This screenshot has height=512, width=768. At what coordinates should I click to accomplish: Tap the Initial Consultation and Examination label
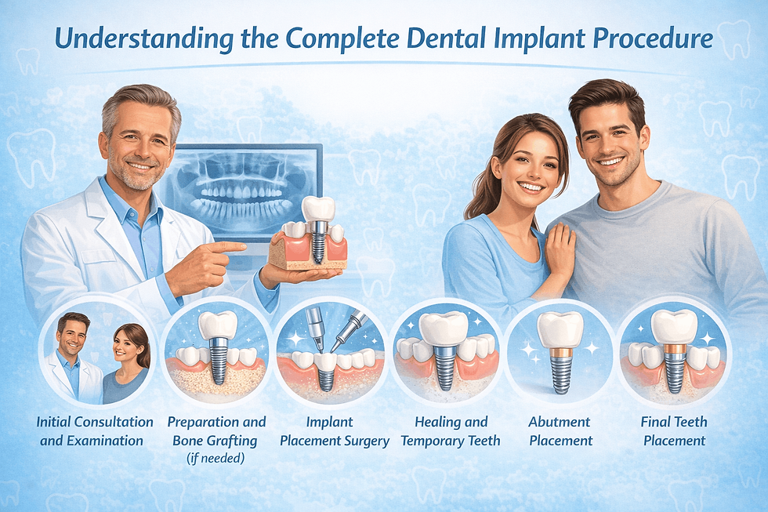pos(92,431)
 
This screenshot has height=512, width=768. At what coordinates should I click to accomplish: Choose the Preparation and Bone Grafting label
pos(216,431)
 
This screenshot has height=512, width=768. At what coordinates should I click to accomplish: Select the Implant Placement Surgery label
pos(335,431)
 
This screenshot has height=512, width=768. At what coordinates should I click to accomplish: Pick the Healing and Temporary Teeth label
pos(450,431)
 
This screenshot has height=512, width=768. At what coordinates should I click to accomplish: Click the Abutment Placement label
pos(560,431)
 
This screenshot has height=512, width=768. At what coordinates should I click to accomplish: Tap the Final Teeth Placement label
pos(675,431)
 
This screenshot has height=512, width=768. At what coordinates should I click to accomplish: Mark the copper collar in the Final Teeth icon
pos(675,350)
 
